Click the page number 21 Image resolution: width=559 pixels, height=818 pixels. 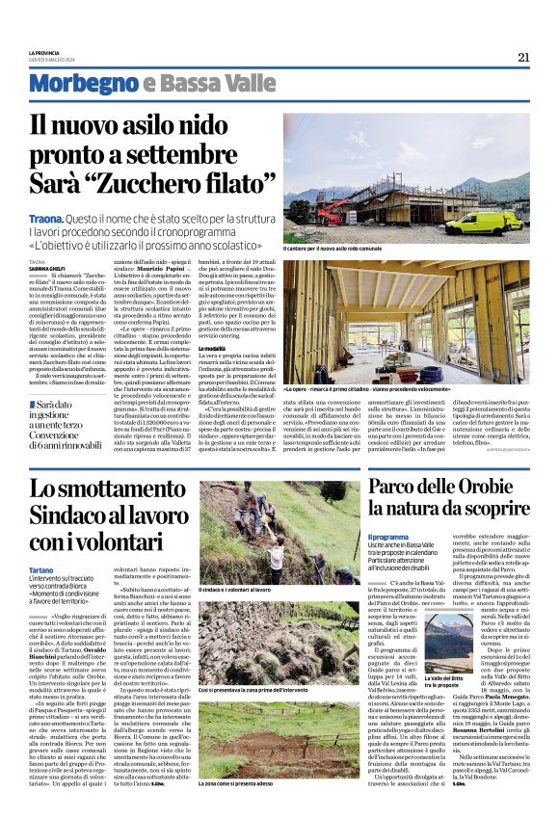point(523,57)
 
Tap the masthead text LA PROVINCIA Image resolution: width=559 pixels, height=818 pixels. point(44,52)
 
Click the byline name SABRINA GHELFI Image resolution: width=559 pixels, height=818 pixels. point(46,267)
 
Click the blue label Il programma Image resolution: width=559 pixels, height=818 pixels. point(388,537)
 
